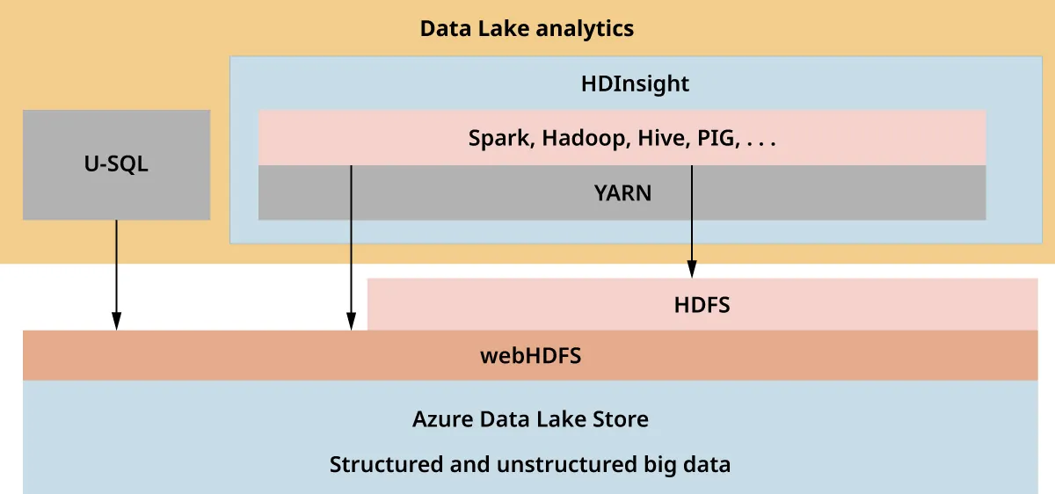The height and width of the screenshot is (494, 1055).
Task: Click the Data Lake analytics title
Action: (x=527, y=28)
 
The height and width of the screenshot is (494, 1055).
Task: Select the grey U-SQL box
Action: (x=116, y=164)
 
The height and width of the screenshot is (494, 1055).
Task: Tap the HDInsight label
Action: (x=635, y=84)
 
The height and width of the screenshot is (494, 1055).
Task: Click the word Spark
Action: (x=499, y=138)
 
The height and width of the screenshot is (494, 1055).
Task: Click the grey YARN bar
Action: (x=622, y=193)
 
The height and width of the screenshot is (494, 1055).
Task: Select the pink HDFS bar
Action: (x=702, y=305)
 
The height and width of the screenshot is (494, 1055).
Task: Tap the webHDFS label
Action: (x=530, y=356)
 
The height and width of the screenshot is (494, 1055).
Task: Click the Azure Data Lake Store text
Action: (x=530, y=419)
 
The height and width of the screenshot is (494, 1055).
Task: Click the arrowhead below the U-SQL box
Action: (x=116, y=322)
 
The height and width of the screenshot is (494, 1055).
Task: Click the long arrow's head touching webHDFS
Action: (x=352, y=322)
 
